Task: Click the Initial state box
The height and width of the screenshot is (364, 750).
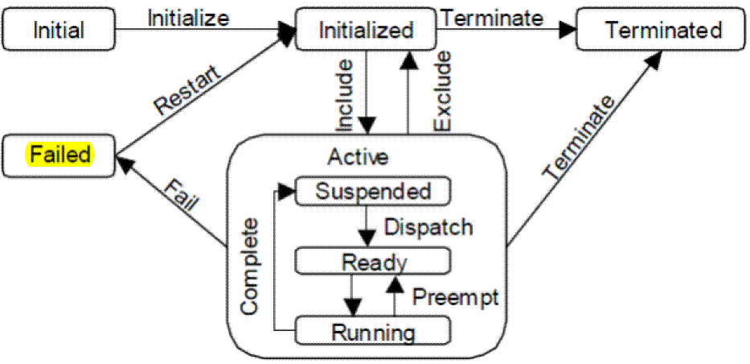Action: (x=59, y=31)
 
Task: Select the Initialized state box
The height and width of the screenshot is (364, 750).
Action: (x=366, y=31)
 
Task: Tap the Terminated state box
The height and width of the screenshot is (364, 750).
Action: (x=663, y=31)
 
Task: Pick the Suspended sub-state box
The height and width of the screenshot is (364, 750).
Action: (x=372, y=192)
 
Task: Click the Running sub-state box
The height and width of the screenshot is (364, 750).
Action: (x=372, y=331)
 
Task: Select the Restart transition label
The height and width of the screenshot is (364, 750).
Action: (x=186, y=90)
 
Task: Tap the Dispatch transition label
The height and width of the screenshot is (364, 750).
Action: (x=427, y=227)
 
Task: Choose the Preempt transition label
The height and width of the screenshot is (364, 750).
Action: (x=455, y=296)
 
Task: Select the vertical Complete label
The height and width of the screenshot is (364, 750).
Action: (x=252, y=265)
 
